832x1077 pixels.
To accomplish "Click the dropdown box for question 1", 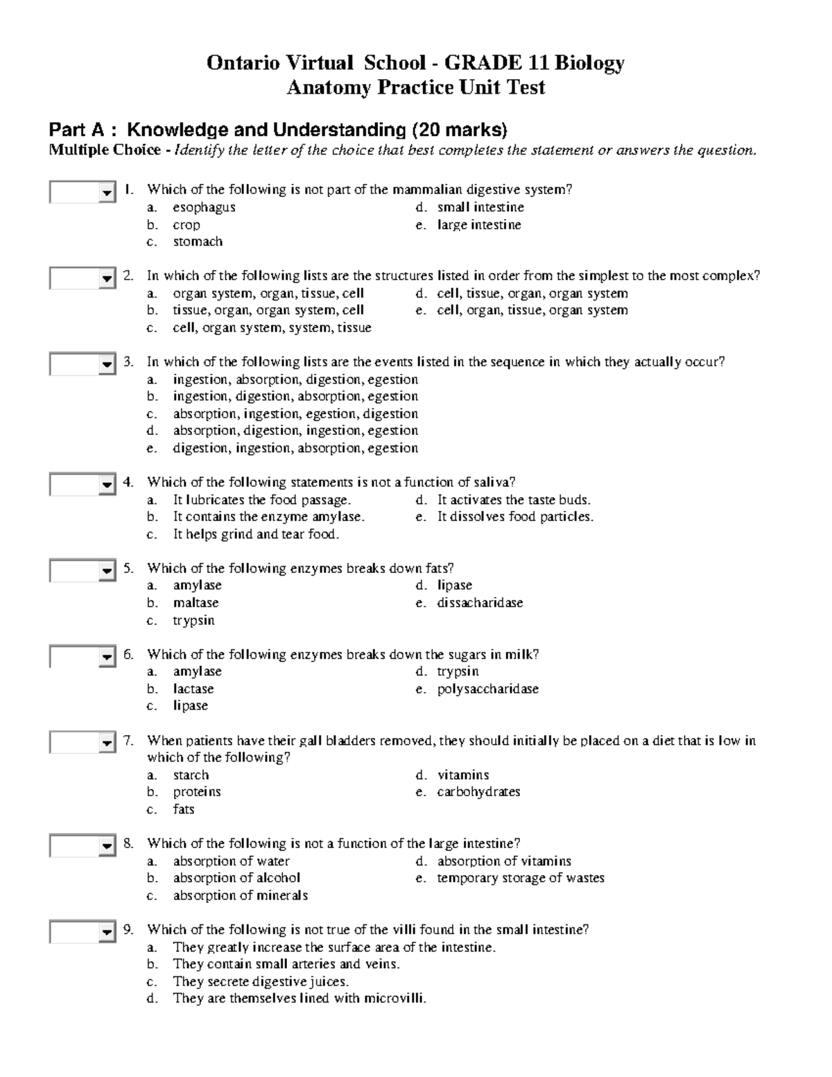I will [82, 192].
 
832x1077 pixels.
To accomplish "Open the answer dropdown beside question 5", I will [82, 571].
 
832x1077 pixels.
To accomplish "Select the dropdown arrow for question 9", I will [107, 933].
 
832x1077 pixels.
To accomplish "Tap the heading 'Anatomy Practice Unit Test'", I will [416, 87].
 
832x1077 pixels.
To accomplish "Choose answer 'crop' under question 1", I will [187, 225].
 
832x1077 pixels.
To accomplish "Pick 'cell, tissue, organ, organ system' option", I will [532, 293].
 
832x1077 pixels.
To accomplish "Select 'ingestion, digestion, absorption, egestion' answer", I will [295, 396].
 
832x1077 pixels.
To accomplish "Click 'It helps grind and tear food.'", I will [256, 534].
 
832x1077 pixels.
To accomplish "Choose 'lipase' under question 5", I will [454, 585].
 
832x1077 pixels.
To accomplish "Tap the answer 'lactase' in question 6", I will [193, 689].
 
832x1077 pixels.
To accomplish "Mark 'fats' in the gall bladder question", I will [184, 809].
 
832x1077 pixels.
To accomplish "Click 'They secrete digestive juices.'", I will [261, 981].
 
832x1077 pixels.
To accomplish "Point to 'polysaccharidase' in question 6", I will [487, 689].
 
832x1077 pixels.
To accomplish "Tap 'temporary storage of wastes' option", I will [520, 878].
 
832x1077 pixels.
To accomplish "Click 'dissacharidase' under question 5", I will [480, 603].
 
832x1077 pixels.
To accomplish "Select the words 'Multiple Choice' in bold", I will [105, 150].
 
